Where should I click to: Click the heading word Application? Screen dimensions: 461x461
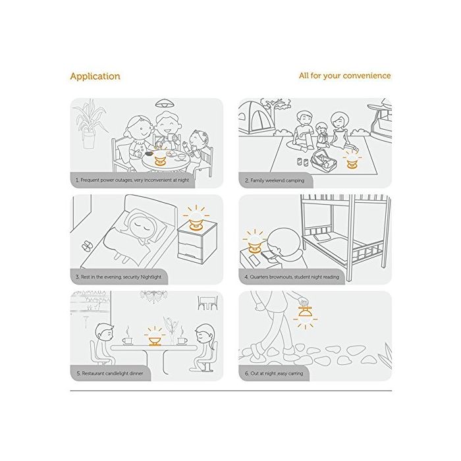pos(95,76)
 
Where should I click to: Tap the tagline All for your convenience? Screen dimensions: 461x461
pos(345,76)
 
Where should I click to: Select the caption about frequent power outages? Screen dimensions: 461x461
pos(132,180)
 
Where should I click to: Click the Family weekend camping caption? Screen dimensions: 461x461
pos(275,180)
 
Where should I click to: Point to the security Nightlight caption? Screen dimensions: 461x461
pos(119,277)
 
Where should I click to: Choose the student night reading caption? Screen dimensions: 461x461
pos(292,277)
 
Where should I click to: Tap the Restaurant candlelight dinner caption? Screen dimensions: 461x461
pos(110,373)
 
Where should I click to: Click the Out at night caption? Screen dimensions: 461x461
pos(274,373)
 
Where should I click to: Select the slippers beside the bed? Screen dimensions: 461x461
pos(87,246)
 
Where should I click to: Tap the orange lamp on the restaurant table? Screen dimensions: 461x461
pos(155,340)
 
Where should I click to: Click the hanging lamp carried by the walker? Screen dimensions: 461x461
pos(305,315)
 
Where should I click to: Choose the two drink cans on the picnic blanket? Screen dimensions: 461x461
pos(303,162)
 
